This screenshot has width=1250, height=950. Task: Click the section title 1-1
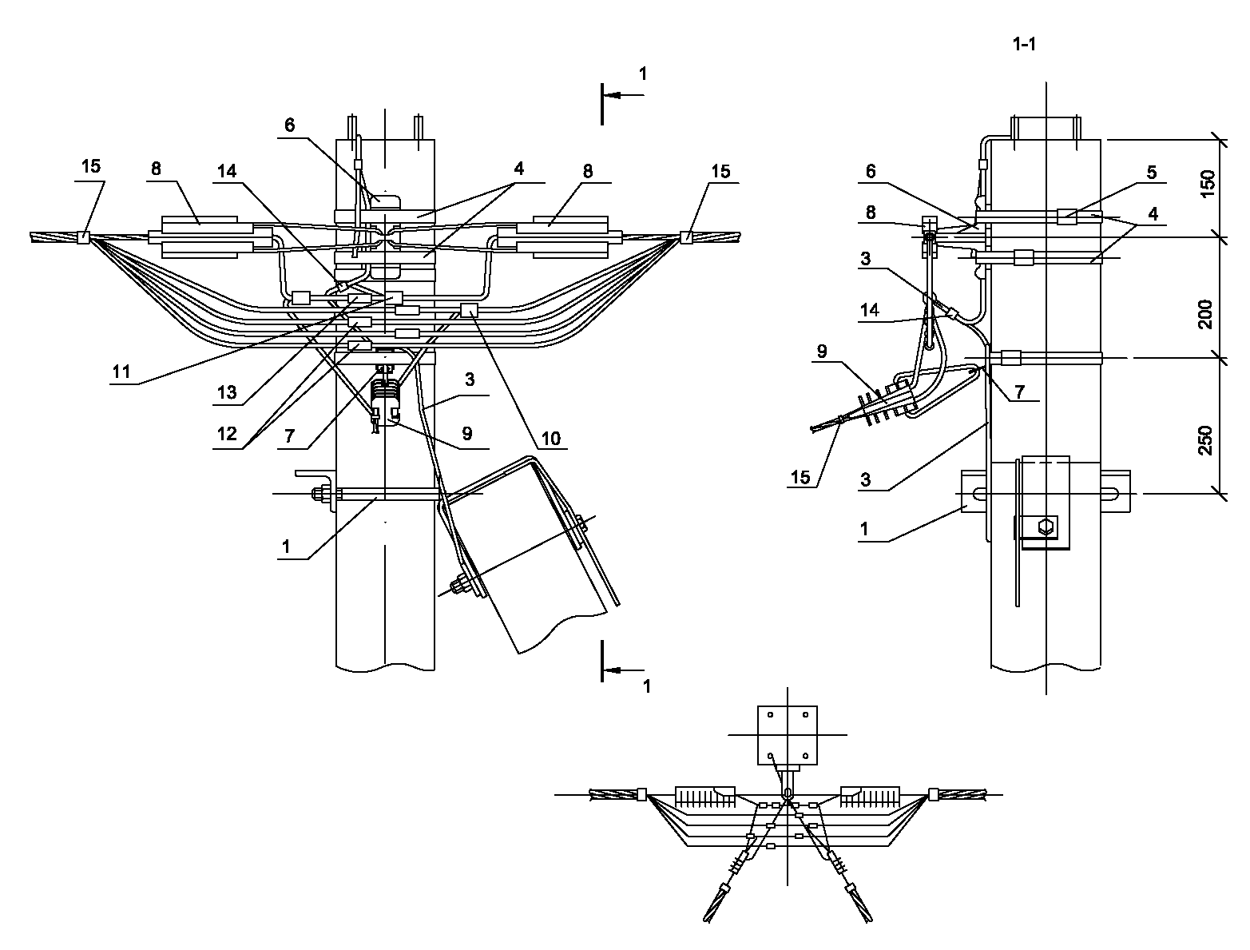[x=1024, y=44]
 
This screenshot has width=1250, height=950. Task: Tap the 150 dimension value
[x=1207, y=184]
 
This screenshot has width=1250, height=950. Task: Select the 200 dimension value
[x=1205, y=314]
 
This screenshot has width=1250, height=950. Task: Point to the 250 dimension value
[x=1205, y=439]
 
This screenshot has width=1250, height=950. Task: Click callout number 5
[x=1152, y=172]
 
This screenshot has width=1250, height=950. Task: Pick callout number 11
[x=121, y=372]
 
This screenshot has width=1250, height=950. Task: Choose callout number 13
[x=226, y=392]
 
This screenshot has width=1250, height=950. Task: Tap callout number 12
[x=227, y=434]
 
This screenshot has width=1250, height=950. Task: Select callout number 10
[x=550, y=439]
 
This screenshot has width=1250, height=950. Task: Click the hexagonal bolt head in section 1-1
[x=1046, y=526]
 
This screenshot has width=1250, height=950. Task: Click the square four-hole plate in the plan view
[x=787, y=735]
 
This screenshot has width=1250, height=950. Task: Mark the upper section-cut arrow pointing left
[x=623, y=95]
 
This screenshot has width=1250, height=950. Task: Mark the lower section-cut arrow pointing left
[x=623, y=670]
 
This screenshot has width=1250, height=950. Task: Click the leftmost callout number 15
[x=91, y=166]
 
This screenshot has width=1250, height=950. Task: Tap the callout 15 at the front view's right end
[x=720, y=171]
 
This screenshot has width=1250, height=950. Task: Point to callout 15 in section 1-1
[x=800, y=477]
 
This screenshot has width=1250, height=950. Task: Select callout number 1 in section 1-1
[x=864, y=529]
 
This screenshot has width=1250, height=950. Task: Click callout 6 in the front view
[x=290, y=125]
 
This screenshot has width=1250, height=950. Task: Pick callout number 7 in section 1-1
[x=1019, y=392]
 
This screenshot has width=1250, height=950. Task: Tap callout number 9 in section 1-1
[x=821, y=352]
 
